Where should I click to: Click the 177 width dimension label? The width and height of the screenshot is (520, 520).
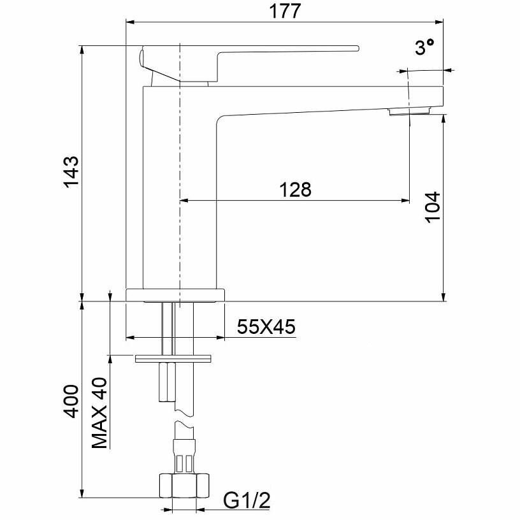(x=285, y=11)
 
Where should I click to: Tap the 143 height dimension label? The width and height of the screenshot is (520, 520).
(x=72, y=172)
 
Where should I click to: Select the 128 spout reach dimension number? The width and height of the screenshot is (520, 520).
(x=296, y=190)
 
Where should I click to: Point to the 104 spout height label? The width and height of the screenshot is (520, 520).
(x=433, y=207)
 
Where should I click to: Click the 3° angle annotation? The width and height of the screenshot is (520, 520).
(x=424, y=47)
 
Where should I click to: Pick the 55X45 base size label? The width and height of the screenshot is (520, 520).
(x=266, y=327)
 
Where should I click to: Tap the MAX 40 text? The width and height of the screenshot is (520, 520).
(x=100, y=412)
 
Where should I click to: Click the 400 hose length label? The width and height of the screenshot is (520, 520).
(x=72, y=401)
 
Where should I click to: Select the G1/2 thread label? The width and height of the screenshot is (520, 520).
(x=247, y=500)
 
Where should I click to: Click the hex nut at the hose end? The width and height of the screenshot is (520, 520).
(x=184, y=486)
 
